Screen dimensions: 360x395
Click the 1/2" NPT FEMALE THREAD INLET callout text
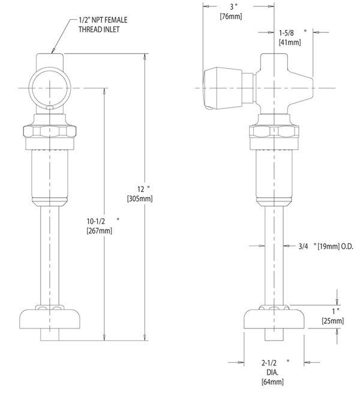[103, 25]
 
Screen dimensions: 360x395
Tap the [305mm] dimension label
[140, 199]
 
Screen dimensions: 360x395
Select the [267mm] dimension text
[100, 231]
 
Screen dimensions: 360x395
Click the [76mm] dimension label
[231, 16]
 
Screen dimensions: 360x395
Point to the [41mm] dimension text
[290, 42]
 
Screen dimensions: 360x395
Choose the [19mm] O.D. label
[335, 246]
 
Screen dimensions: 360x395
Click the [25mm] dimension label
[333, 321]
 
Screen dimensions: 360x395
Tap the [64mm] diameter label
[272, 382]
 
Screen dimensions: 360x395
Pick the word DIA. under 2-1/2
[272, 372]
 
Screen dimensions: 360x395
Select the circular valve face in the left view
[49, 88]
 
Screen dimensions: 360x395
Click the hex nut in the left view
[50, 131]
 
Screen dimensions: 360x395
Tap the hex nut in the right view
[274, 131]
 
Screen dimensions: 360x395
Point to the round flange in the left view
[50, 319]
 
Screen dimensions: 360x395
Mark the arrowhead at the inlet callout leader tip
[52, 51]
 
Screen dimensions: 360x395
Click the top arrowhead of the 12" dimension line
[145, 56]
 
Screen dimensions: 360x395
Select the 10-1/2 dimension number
[96, 221]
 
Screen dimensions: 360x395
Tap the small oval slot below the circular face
[50, 107]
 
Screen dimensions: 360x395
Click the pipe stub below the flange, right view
[274, 335]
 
